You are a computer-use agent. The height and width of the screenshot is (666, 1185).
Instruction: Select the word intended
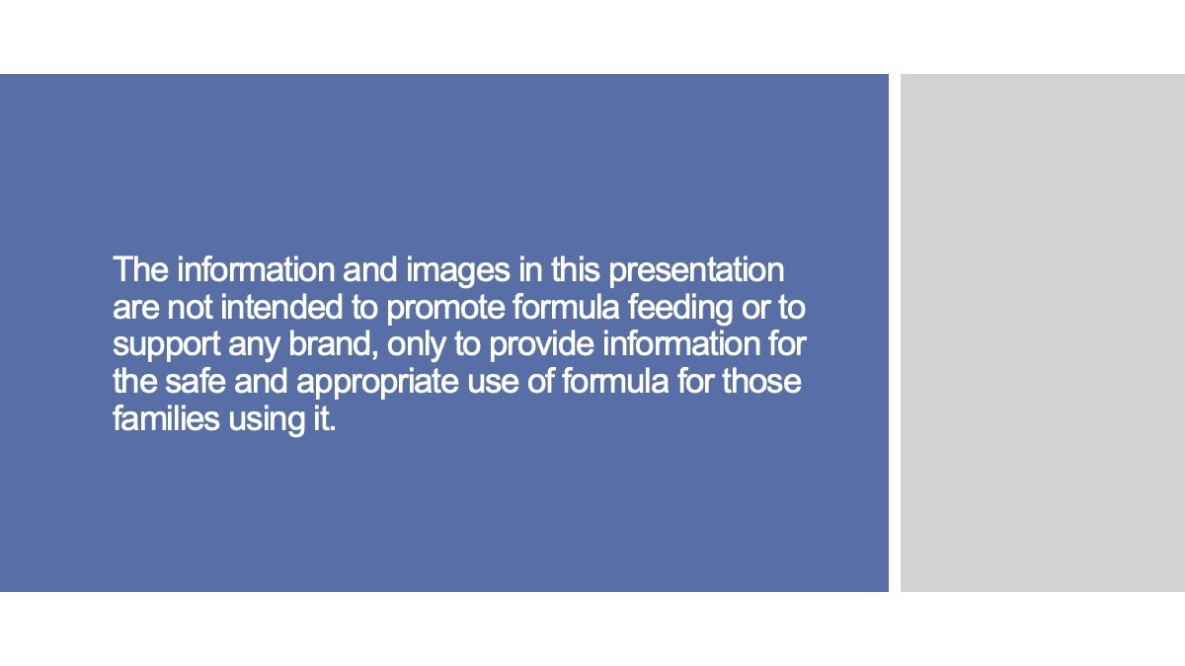[x=282, y=308]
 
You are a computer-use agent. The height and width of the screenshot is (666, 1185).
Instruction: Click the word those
[x=761, y=381]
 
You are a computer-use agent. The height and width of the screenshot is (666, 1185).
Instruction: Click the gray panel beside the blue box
[x=1042, y=333]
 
